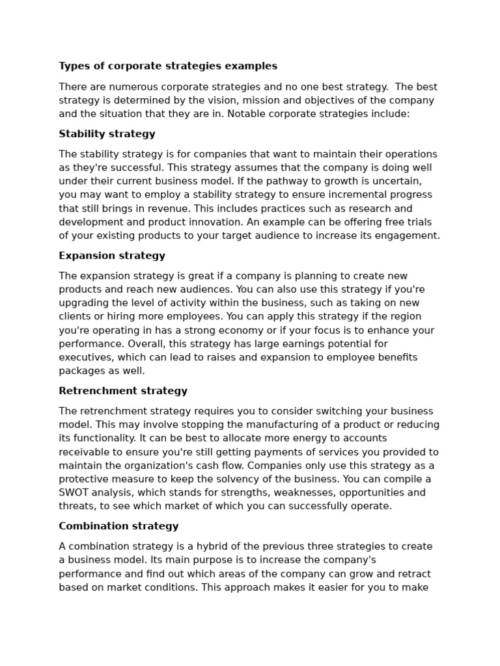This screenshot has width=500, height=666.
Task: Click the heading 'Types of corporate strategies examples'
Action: point(168,66)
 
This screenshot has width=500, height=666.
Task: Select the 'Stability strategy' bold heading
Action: point(107,134)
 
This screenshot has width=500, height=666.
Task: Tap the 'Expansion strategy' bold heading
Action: point(112,256)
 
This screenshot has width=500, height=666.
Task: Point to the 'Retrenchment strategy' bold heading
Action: point(123,391)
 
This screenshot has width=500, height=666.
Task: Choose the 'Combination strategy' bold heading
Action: point(118,526)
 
